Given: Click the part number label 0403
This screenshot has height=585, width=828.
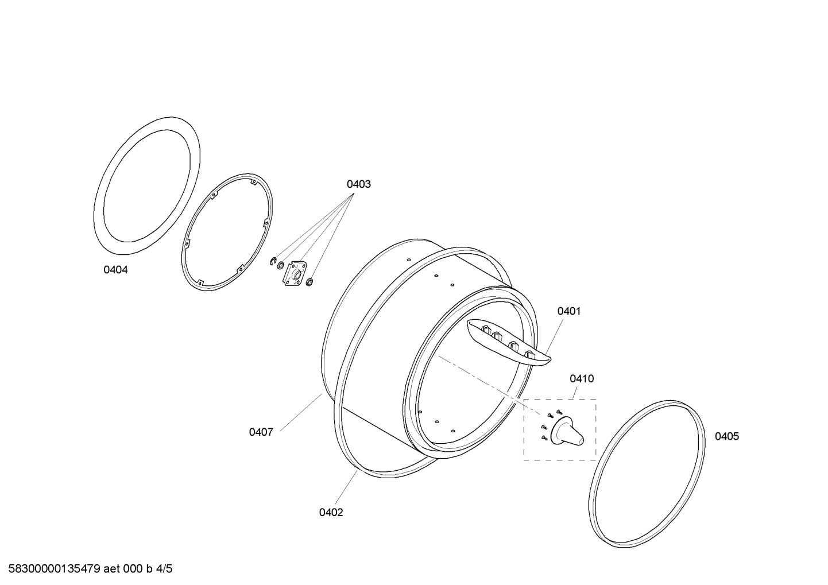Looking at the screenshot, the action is point(358,184).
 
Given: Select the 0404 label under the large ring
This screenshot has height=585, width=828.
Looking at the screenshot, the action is point(115,270).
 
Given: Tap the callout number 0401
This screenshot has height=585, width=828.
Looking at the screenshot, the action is point(569,312).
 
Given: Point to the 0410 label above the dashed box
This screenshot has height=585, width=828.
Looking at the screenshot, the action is point(582,379).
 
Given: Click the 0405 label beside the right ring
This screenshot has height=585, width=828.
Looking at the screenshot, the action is point(727,436).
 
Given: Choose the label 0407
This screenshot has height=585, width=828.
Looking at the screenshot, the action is point(261,432).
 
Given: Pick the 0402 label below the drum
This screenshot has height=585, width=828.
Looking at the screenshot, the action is point(331,513).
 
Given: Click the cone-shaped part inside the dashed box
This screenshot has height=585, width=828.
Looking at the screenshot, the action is point(567,431).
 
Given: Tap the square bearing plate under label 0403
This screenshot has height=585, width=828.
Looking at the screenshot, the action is point(294,273).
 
